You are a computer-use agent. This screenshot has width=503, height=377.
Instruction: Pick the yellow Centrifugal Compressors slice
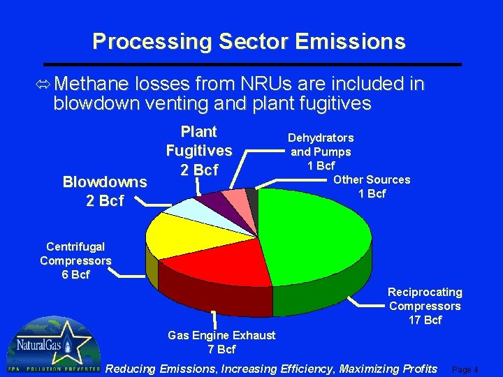pos(175,234)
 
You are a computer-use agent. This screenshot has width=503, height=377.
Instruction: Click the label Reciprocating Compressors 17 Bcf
pos(425,306)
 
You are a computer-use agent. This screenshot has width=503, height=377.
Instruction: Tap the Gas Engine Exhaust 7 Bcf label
pos(221,342)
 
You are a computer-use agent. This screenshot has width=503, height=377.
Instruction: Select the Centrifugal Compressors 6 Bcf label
pos(75,260)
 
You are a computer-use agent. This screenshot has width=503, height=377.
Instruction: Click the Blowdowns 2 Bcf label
pos(104,191)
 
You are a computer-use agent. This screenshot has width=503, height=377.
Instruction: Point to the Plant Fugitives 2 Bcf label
pos(198,151)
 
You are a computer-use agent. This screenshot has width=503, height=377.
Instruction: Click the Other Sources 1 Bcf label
pos(372,186)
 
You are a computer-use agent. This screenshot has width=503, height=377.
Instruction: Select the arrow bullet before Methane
pos(43,84)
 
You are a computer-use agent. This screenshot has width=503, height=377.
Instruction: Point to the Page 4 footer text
pos(466,370)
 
